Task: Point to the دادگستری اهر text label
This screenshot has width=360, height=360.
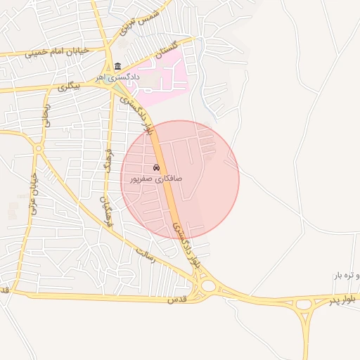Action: pyautogui.click(x=119, y=76)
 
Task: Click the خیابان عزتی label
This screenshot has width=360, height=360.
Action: pyautogui.click(x=32, y=194)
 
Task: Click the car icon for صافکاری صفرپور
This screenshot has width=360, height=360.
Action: pyautogui.click(x=156, y=168)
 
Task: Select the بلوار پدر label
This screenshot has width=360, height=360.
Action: pyautogui.click(x=347, y=299)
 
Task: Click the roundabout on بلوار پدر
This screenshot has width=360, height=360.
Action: pyautogui.click(x=304, y=305)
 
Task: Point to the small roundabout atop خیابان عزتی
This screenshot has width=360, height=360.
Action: pyautogui.click(x=39, y=148)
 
